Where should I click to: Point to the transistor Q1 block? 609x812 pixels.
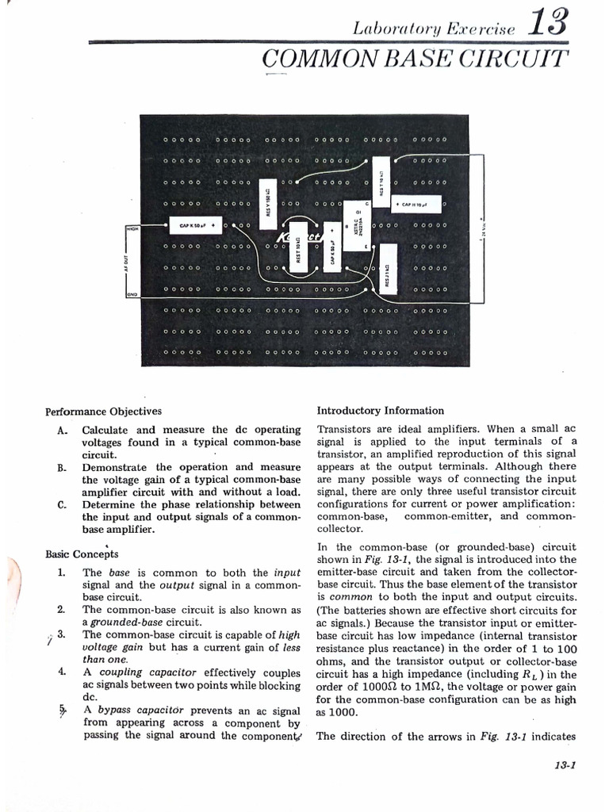click(x=356, y=224)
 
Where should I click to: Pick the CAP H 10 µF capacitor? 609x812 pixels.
click(x=418, y=205)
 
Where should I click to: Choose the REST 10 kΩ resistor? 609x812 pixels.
click(x=298, y=252)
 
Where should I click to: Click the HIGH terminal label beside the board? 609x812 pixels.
click(x=132, y=228)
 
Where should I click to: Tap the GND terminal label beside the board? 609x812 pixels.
click(x=132, y=295)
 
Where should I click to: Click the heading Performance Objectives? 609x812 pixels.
click(x=103, y=412)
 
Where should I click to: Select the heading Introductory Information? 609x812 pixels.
click(x=381, y=411)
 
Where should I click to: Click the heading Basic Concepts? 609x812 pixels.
click(x=82, y=554)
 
